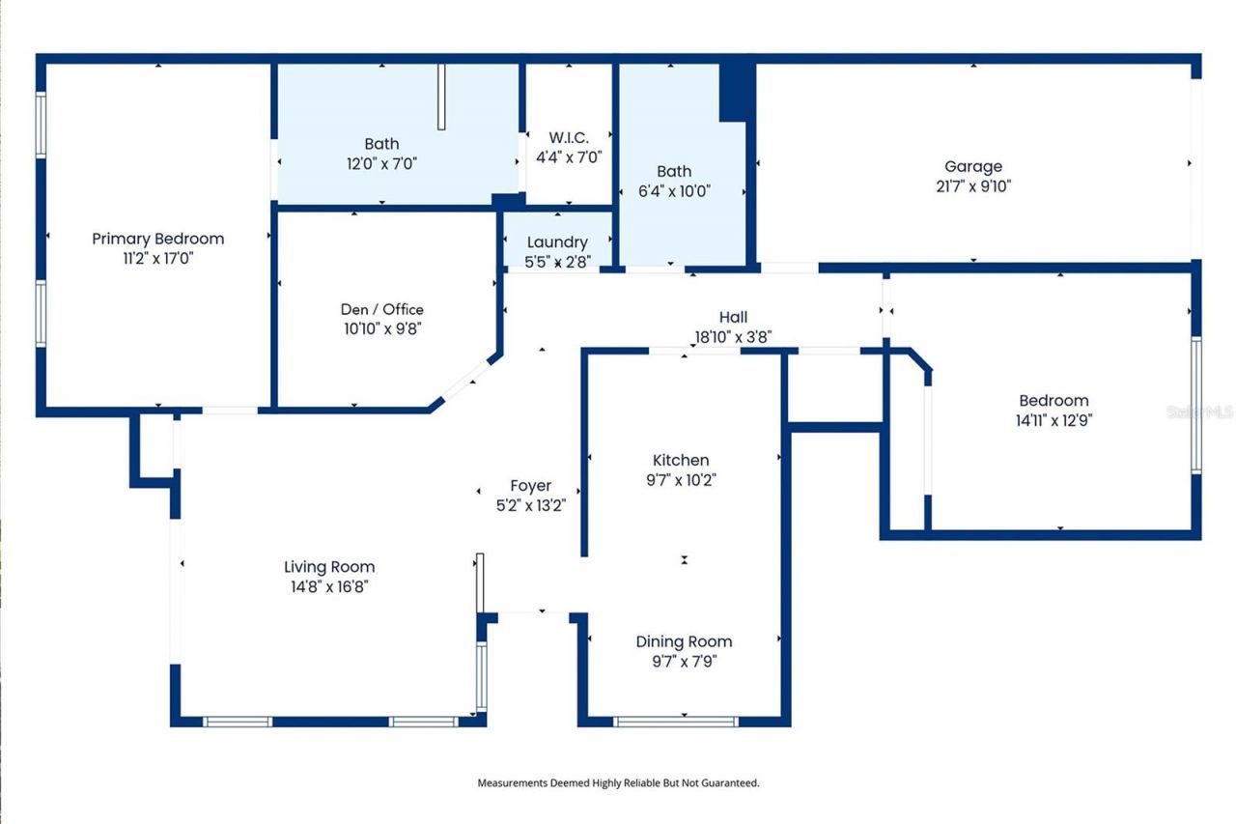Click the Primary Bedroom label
coord(157,239)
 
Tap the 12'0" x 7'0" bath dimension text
coord(381,164)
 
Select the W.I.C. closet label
coord(569,138)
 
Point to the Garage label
coord(972,166)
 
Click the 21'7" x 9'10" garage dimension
coord(972,186)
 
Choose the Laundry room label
coord(556,242)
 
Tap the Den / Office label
coord(381,309)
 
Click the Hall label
coord(733,317)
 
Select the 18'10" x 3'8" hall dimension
coord(733,337)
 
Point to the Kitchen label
coord(681,460)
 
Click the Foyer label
coord(530,486)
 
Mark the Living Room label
coord(329,567)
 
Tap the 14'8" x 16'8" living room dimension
coord(329,587)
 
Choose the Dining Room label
coord(684,641)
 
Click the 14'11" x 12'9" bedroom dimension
coord(1053,420)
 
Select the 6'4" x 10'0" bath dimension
coord(674,191)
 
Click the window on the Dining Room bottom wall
coord(676,722)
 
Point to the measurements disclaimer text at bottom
coord(618,783)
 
